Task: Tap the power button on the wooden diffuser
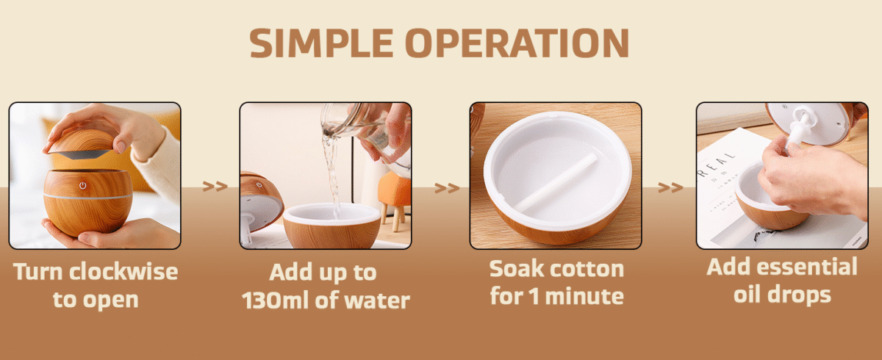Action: coord(83,185)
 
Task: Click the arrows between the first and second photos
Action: coord(215,187)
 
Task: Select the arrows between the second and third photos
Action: coord(446,188)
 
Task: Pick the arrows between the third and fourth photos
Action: coord(670,188)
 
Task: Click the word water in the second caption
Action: coord(377,301)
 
